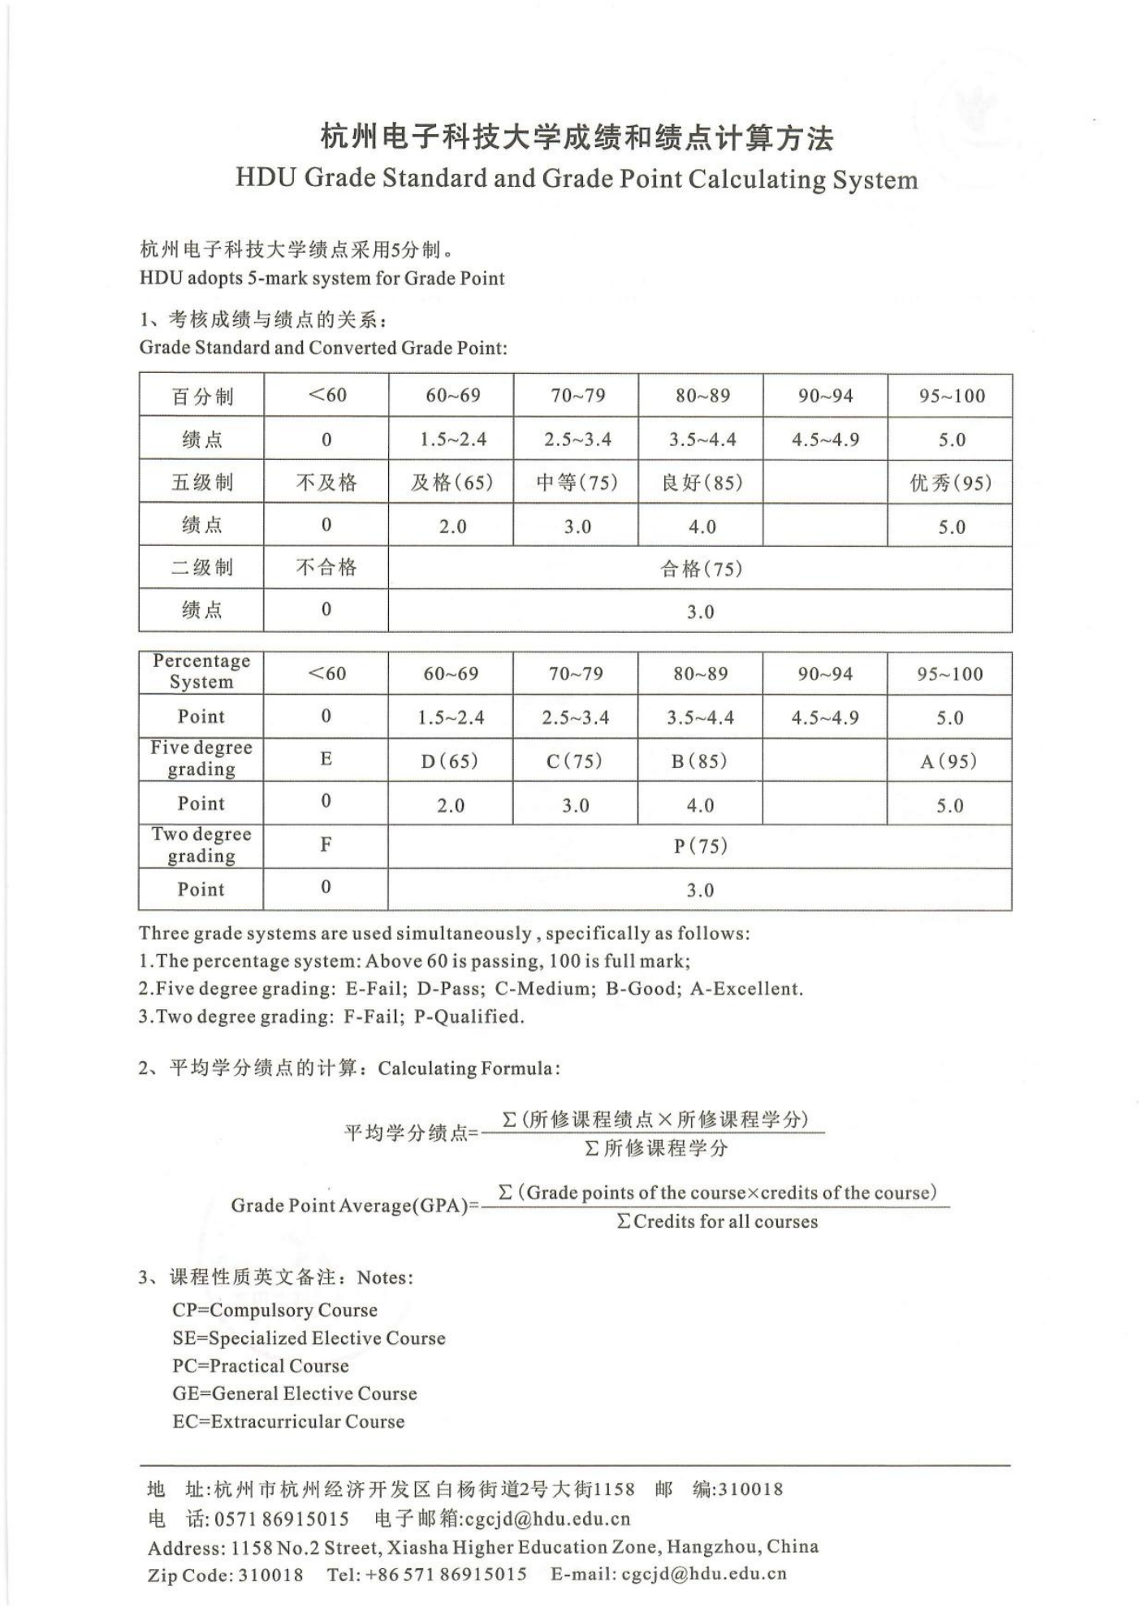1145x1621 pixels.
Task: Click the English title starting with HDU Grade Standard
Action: [x=577, y=179]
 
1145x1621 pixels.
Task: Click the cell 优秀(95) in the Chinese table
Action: [x=950, y=483]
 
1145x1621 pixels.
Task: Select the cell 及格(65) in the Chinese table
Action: [x=452, y=483]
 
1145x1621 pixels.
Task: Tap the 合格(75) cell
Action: [x=701, y=568]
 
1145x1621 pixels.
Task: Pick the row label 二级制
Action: [x=201, y=567]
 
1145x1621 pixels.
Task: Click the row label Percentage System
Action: [x=201, y=672]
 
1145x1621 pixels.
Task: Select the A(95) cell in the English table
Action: [x=948, y=761]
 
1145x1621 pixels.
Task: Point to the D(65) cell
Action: [x=450, y=761]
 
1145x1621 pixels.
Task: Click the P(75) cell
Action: [x=700, y=847]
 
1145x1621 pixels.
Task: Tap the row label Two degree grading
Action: [x=201, y=845]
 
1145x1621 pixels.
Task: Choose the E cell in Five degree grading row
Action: [x=326, y=759]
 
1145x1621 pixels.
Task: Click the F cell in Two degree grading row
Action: [x=326, y=845]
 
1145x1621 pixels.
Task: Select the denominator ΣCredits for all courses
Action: [x=717, y=1222]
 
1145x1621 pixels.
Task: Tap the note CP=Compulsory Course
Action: [x=274, y=1310]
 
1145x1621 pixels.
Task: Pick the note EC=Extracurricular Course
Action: [x=288, y=1421]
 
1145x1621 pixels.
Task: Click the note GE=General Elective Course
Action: [x=294, y=1393]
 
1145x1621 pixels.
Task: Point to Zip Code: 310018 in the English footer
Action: [x=225, y=1575]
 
